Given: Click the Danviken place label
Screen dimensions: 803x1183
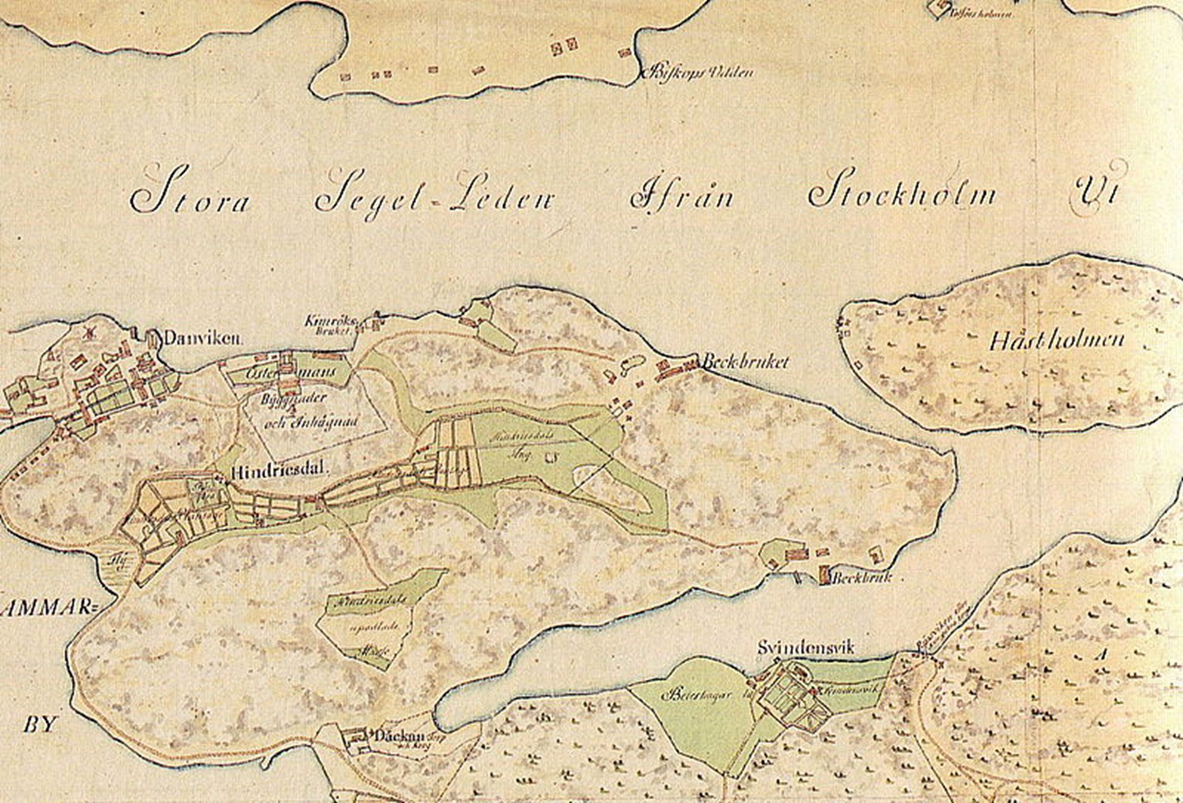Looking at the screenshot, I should [x=202, y=339].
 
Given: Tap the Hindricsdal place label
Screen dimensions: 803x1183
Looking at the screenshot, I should [x=279, y=473].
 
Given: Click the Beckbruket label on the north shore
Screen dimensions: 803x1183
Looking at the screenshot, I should [x=745, y=362].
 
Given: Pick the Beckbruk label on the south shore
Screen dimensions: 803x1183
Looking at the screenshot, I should [x=861, y=578].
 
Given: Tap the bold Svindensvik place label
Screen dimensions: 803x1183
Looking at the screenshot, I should [x=806, y=648].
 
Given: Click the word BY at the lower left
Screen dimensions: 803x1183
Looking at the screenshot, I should [x=40, y=725].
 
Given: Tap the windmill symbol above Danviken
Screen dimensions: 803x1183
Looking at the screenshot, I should [x=87, y=331].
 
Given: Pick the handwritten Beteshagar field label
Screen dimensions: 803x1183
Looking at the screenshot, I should [x=696, y=695].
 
